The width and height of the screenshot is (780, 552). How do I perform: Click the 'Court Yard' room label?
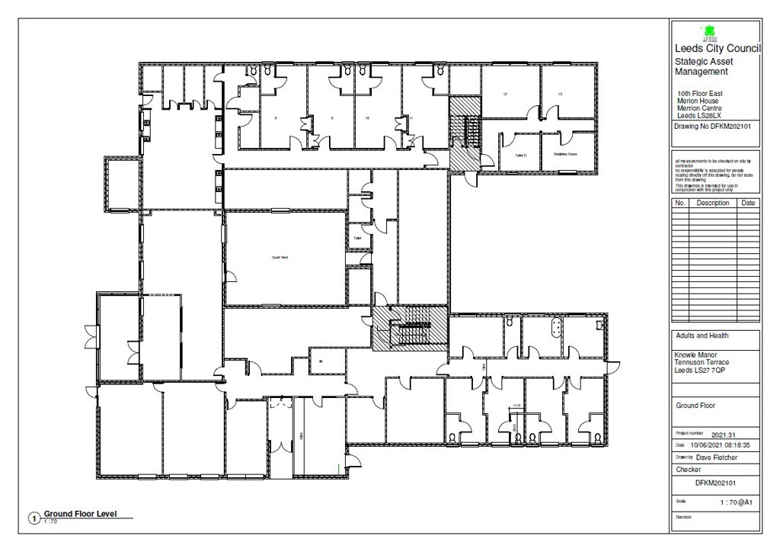pos(280,258)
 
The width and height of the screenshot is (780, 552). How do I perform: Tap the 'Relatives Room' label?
pos(565,154)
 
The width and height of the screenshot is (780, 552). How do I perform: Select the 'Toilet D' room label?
pos(520,155)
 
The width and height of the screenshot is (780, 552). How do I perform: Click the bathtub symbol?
pos(557,328)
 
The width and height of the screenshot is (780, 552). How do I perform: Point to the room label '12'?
pos(505,94)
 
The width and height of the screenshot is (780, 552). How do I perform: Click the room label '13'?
pos(560,94)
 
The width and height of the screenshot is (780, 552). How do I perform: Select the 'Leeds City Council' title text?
pos(712,50)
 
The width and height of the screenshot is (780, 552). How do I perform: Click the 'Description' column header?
pos(713,204)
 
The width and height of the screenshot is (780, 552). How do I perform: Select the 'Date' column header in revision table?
pos(748,204)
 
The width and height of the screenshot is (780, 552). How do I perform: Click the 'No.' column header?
pos(680,204)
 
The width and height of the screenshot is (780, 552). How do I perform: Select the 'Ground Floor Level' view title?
pos(80,514)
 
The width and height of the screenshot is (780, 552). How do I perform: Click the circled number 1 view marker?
pos(34,518)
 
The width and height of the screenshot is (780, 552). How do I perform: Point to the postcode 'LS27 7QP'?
pos(721,369)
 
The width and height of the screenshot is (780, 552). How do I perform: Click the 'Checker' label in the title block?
pos(689,470)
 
